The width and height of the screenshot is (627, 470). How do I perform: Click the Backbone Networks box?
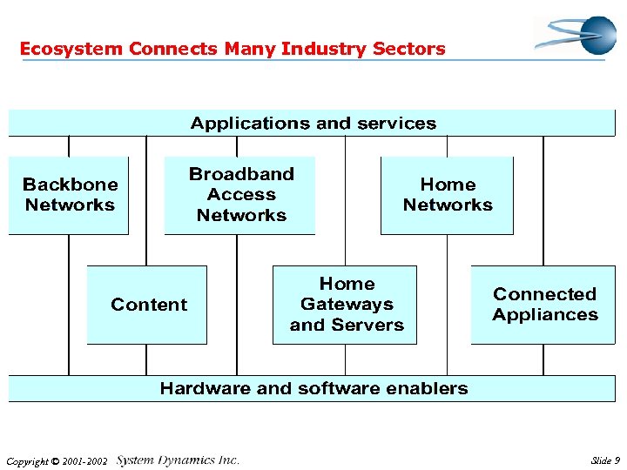coord(69,195)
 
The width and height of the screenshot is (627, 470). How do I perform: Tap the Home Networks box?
coord(447,195)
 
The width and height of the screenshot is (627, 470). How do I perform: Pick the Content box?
coord(148,305)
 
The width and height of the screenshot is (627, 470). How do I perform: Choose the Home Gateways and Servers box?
coord(346,305)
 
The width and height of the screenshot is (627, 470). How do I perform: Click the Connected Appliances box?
coord(544,305)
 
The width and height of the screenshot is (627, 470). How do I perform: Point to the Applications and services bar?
coord(313,124)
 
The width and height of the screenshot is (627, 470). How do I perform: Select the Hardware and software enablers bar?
coord(313,388)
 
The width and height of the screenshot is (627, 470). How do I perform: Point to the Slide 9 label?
coord(604,460)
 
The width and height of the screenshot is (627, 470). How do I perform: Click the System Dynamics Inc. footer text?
coord(178,460)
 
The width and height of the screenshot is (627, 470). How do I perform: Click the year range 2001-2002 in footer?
coord(88,461)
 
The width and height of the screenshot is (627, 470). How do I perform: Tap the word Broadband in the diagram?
coord(241,174)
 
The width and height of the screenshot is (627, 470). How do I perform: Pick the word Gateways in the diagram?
coord(347,305)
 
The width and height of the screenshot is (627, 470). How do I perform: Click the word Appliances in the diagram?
coord(545,315)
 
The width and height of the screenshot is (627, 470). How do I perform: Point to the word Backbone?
coord(70,185)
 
